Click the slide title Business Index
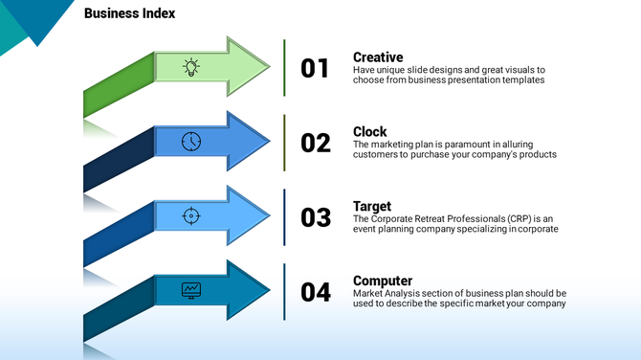pos(129,14)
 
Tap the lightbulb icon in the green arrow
pos(191,67)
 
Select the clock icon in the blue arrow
pos(191,142)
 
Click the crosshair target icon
pos(191,216)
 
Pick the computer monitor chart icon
pos(191,289)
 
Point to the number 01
pos(315,69)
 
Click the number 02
pos(315,144)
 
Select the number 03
pos(315,218)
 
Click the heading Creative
pos(378,57)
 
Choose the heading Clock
pos(370,132)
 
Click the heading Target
pos(372,207)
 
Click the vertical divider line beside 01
pos(284,68)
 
